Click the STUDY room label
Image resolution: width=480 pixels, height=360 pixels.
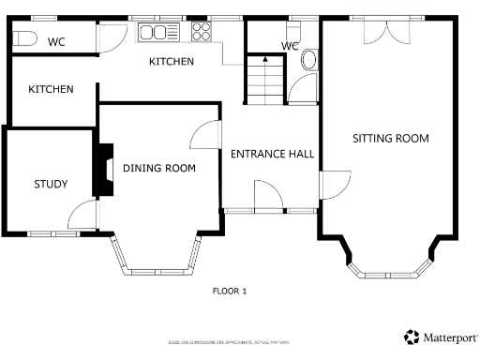click(x=50, y=184)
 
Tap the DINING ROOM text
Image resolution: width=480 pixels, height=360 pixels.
click(x=158, y=169)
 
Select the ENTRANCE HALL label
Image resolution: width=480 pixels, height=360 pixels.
click(x=272, y=154)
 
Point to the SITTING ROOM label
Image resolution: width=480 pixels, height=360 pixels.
click(x=390, y=139)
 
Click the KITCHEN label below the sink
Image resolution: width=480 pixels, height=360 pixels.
click(x=172, y=62)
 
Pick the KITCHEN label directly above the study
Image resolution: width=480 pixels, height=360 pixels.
click(x=51, y=89)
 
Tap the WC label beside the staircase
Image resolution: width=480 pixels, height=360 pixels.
click(x=290, y=46)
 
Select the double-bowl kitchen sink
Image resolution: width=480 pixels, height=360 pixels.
click(x=157, y=34)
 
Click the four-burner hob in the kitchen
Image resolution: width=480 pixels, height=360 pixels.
click(x=202, y=33)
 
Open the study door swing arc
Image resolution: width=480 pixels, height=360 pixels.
click(x=84, y=213)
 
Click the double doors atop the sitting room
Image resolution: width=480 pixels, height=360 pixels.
click(x=385, y=29)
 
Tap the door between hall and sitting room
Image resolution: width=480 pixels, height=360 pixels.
click(x=334, y=185)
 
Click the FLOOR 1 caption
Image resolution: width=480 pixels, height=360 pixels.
click(x=230, y=292)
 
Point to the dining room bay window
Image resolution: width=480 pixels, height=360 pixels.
click(x=157, y=258)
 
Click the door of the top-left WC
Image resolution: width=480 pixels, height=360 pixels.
click(x=111, y=37)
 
